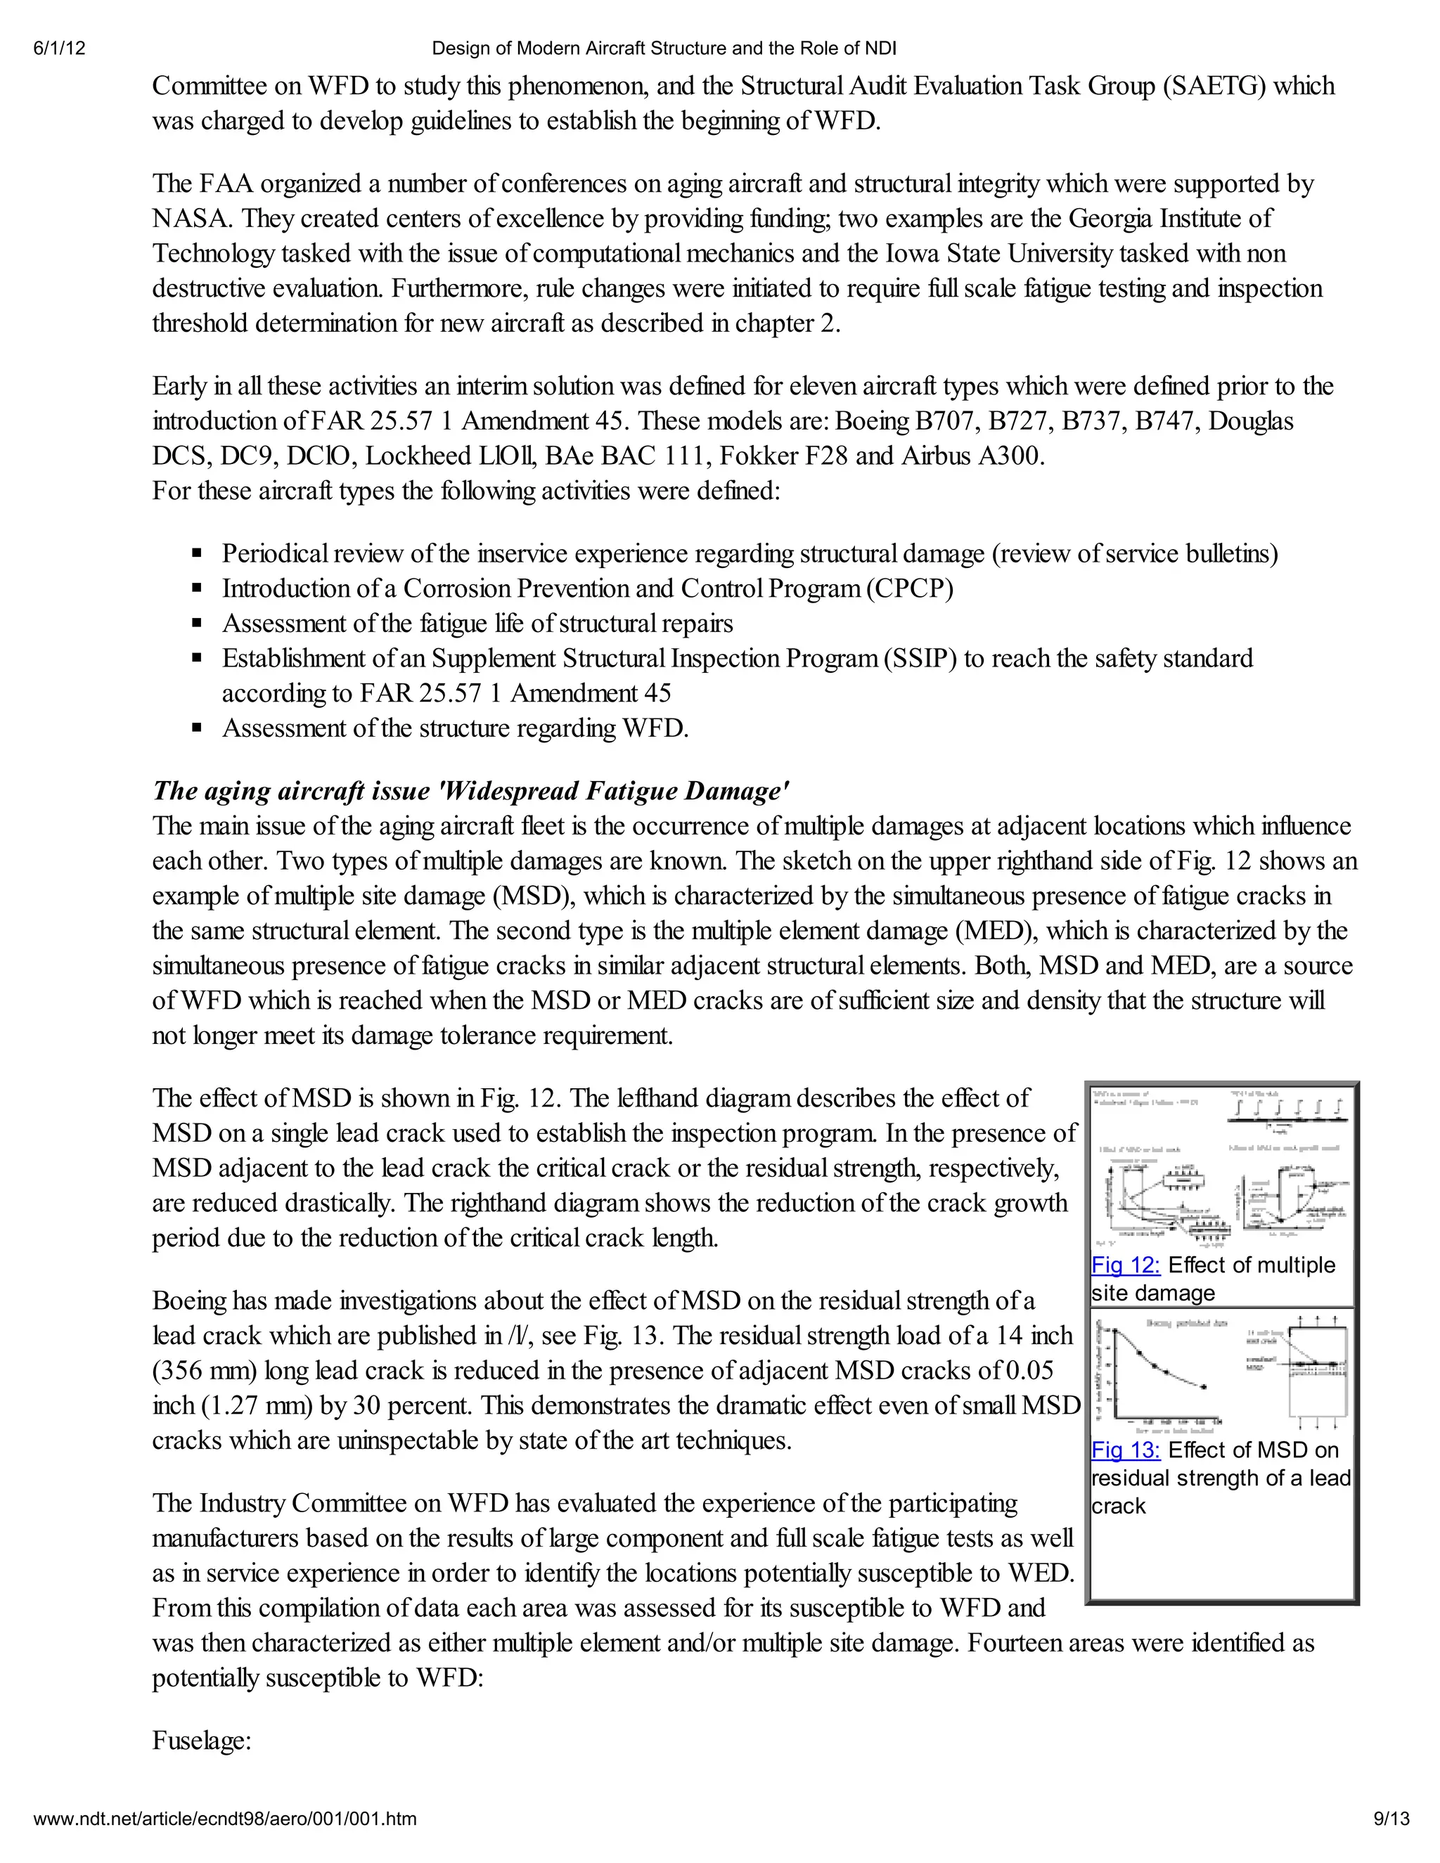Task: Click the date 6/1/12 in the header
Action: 59,49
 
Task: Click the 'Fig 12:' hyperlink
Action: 1125,1265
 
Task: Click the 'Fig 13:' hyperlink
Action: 1125,1450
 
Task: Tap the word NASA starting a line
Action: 191,219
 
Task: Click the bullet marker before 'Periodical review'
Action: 197,553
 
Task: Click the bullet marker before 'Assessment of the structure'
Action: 197,728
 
